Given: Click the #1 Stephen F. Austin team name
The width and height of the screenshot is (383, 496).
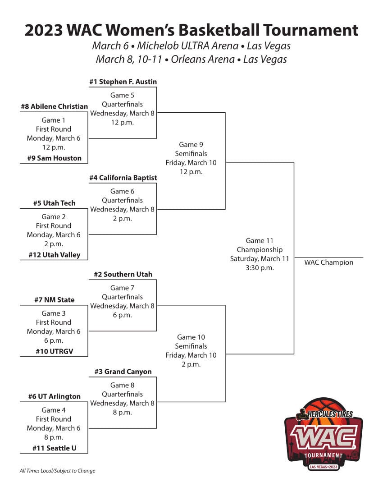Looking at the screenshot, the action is point(123,82).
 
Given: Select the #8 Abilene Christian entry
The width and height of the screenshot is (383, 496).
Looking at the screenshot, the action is point(55,106).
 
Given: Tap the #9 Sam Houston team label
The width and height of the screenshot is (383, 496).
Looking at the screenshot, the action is point(55,158).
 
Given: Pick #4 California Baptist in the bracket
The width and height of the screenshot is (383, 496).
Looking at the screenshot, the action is point(123,178).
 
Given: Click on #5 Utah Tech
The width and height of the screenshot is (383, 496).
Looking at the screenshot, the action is point(55,203).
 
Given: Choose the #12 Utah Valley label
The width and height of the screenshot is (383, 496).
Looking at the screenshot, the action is point(55,255).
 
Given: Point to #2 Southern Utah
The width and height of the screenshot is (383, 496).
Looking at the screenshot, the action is point(123,274).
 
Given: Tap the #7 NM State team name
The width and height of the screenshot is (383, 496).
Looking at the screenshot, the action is point(55,300).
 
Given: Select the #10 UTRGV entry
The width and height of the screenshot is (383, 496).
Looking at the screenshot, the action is point(55,351).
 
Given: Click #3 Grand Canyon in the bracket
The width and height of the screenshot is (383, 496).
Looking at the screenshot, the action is point(123,372).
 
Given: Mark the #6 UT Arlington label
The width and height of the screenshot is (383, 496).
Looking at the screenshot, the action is point(55,396).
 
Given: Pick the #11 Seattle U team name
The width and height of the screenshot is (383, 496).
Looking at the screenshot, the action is point(55,448).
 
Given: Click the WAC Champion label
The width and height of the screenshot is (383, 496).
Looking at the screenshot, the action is point(328,262).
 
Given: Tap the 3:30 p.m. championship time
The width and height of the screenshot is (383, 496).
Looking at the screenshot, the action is point(260,267).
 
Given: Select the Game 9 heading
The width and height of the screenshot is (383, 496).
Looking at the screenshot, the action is point(191,145).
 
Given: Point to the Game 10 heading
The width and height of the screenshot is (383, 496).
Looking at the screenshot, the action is point(191,337).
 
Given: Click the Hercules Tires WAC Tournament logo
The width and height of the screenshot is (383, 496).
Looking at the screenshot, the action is point(324,434).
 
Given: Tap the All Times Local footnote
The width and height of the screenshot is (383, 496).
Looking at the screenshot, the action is point(57,471).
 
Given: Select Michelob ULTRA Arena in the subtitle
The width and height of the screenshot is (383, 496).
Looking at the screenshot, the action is point(187,46).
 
